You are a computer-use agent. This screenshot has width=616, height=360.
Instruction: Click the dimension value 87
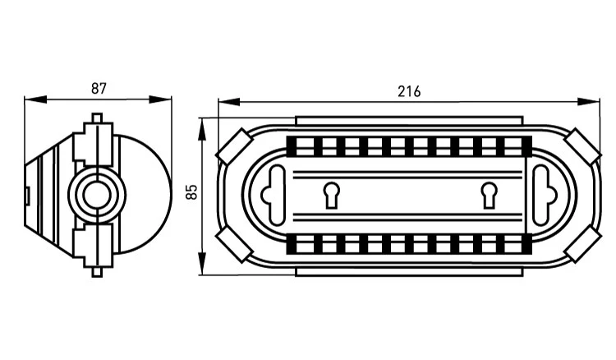(99, 89)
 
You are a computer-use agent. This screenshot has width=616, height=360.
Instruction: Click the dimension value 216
(409, 91)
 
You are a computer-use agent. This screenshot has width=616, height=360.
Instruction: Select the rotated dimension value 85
(191, 192)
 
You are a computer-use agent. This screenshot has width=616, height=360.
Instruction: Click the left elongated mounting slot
(276, 196)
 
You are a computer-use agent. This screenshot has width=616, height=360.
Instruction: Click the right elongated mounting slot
(543, 196)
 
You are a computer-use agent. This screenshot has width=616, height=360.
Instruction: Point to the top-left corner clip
(235, 145)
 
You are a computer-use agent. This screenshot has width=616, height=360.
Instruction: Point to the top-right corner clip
(582, 145)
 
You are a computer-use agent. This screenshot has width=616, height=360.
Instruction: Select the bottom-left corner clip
(235, 244)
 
